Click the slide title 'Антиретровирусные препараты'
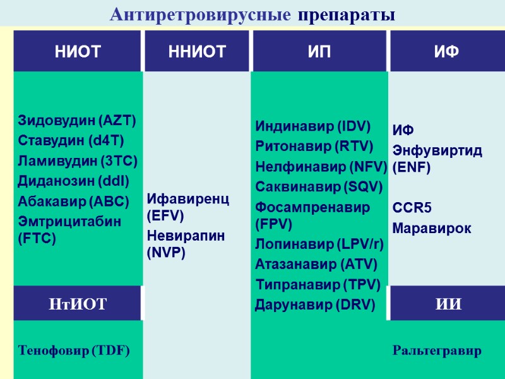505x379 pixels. pos(252,14)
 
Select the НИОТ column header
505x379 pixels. pos(78,52)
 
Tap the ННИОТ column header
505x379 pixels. pos(197,52)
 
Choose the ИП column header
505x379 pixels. pos(320,52)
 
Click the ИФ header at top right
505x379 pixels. pos(446,52)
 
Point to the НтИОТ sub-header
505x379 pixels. pos(78,304)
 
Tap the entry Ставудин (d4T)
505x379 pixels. pos(71,140)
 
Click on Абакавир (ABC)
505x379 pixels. pos(73,202)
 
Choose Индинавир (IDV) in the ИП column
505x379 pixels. pos(312,126)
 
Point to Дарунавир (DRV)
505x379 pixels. pos(315,305)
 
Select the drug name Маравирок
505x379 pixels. pos(431,228)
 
